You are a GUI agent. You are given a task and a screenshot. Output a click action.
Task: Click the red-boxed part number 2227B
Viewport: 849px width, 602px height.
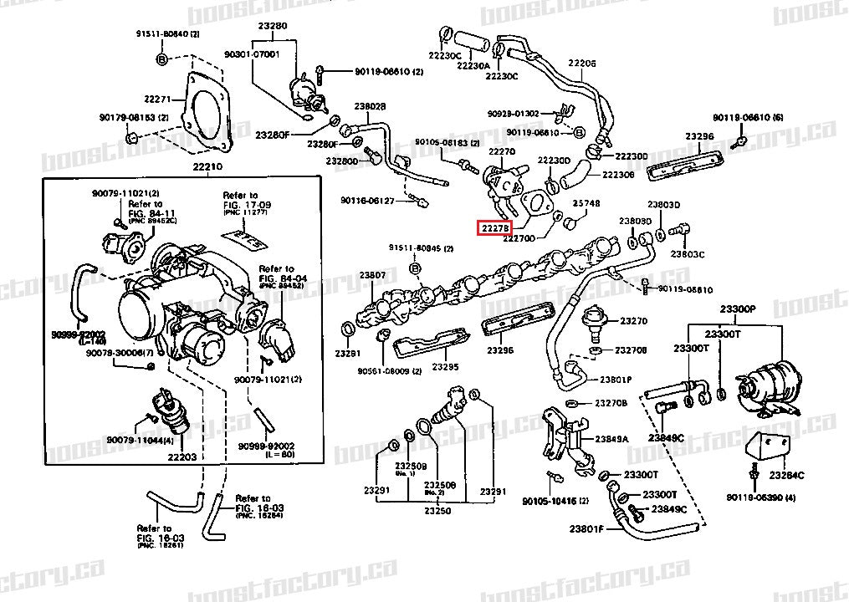[x=492, y=227]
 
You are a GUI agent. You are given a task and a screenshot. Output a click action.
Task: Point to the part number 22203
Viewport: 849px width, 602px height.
[x=182, y=457]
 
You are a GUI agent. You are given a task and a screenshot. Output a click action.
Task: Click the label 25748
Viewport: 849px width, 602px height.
[x=586, y=204]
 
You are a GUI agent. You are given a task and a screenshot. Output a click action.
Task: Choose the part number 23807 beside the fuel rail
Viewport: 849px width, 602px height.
[x=373, y=275]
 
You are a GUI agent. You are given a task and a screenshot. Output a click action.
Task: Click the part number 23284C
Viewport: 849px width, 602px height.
[x=787, y=475]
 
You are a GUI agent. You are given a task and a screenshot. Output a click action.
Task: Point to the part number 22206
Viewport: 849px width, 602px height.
[x=582, y=64]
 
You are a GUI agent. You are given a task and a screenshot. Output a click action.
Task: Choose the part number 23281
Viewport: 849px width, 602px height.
[x=348, y=354]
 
